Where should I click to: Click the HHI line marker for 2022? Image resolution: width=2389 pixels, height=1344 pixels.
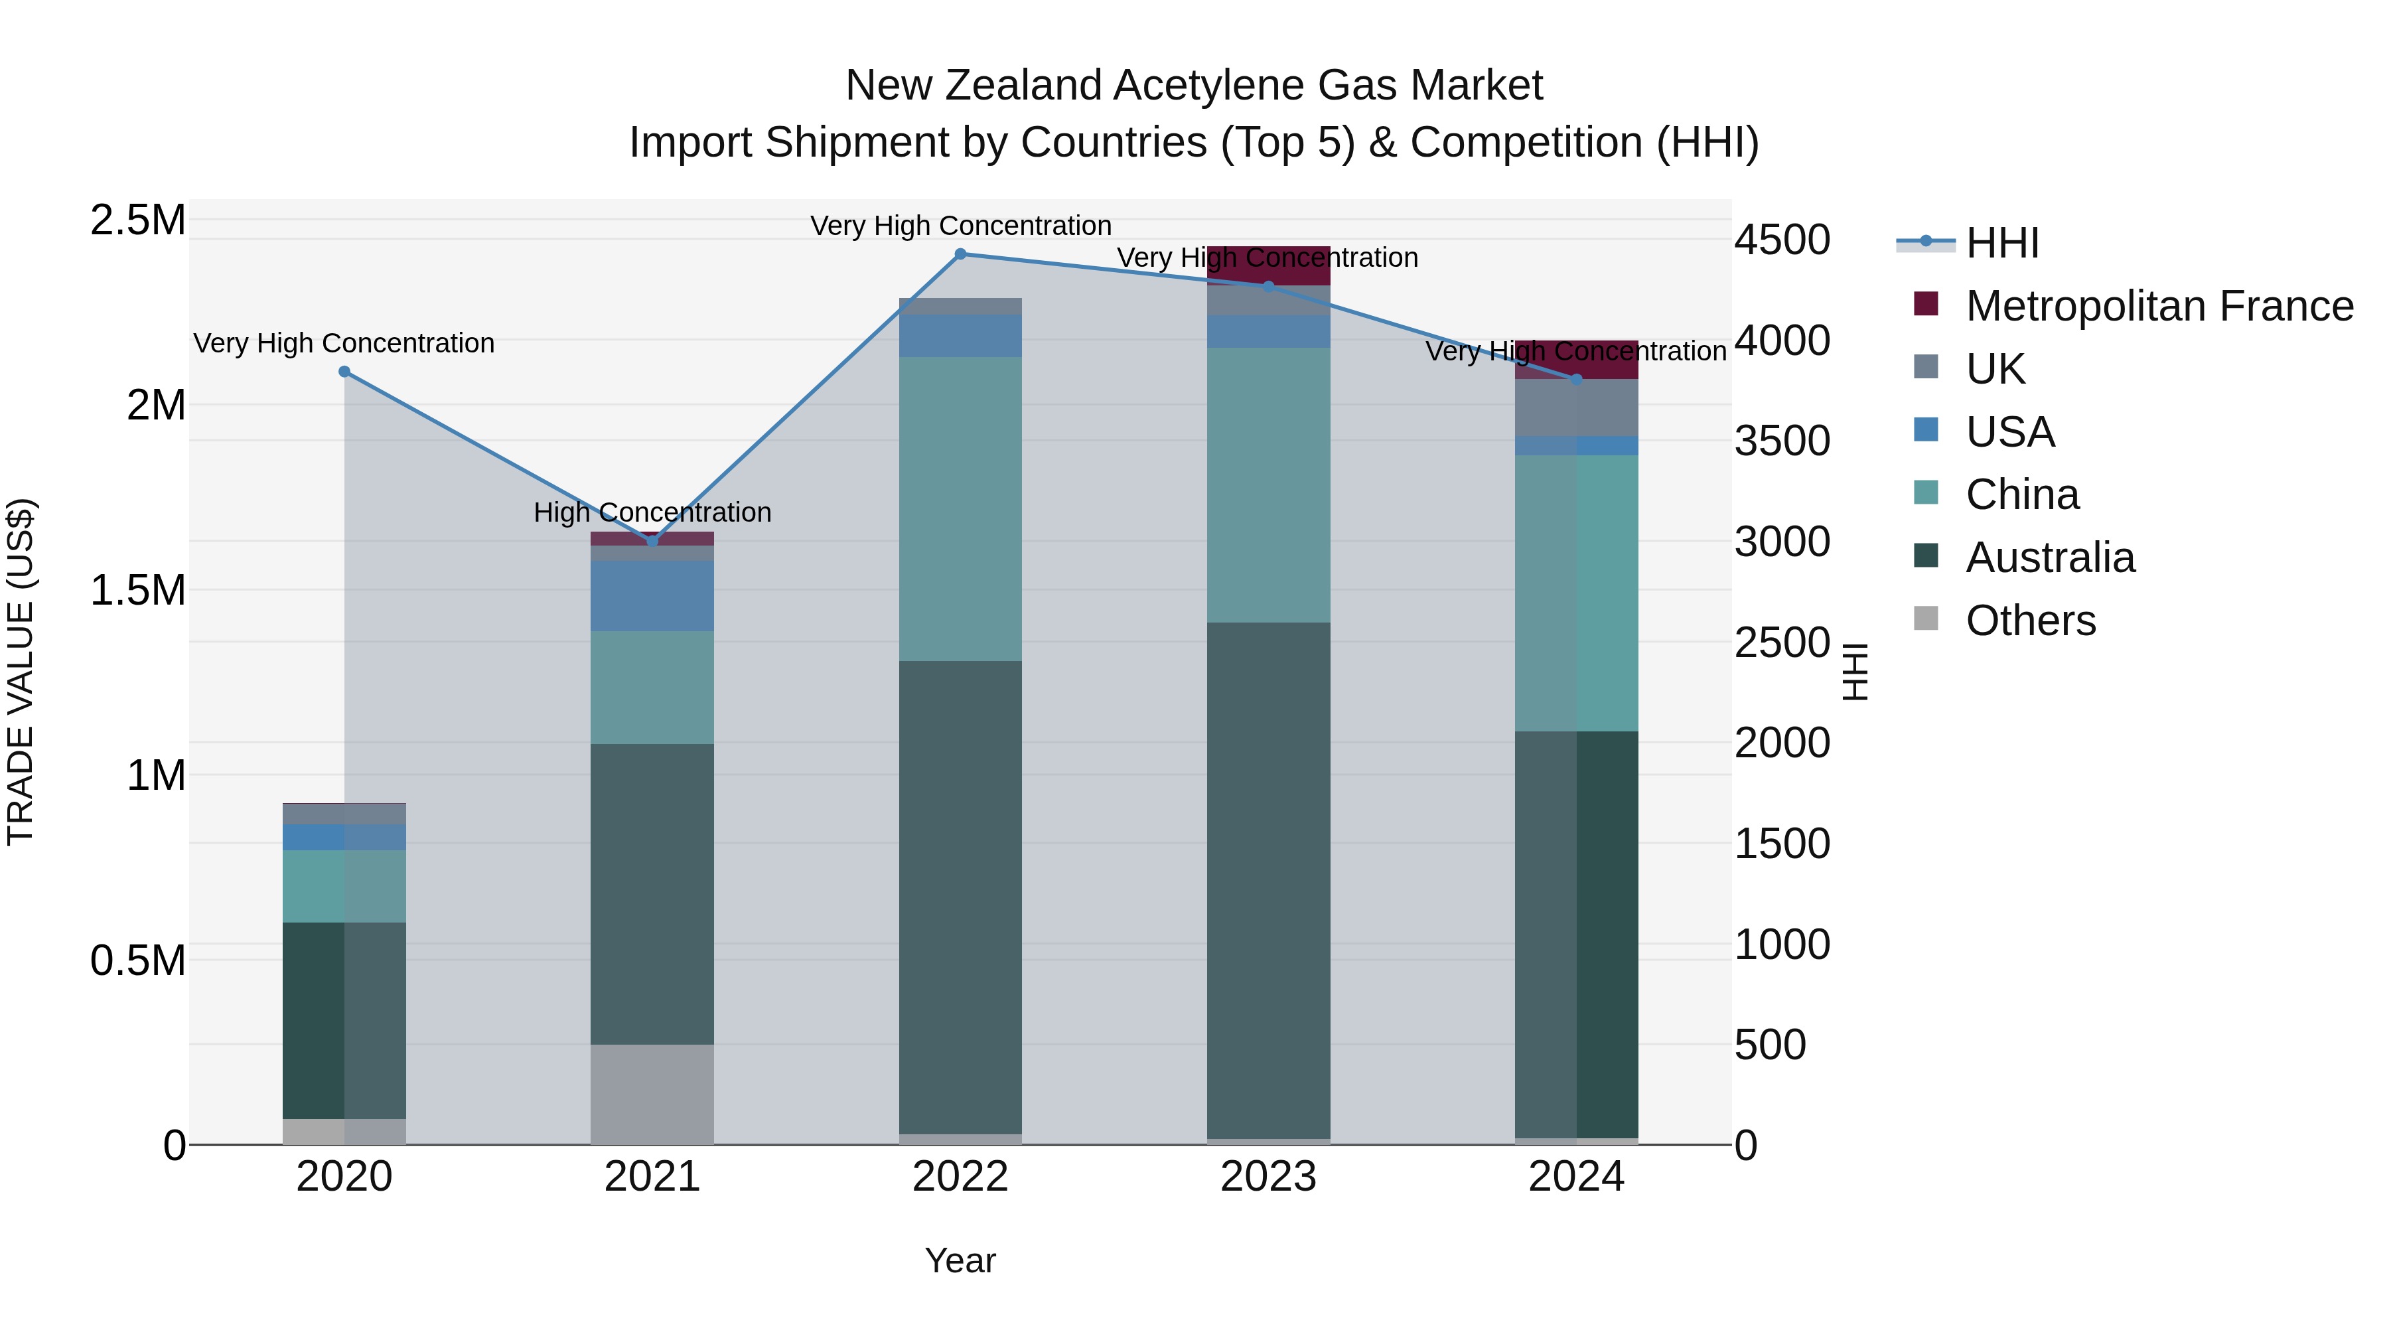coord(961,254)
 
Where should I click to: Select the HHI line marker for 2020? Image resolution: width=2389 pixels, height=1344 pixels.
coord(344,372)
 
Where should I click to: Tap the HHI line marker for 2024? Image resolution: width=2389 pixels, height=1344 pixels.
coord(1577,380)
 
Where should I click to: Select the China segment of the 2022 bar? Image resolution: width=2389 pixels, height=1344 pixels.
coord(961,508)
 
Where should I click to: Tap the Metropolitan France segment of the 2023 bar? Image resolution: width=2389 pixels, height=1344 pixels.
coord(1269,266)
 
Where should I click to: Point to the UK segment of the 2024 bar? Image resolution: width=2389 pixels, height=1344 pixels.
coord(1577,408)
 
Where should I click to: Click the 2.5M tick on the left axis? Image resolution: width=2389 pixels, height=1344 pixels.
coord(138,221)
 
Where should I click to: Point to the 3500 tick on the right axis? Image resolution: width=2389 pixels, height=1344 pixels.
coord(1782,441)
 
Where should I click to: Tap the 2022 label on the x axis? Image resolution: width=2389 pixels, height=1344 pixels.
coord(961,1177)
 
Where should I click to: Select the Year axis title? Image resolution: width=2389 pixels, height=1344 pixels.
coord(961,1260)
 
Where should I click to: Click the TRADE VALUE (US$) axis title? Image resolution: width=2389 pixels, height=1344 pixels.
coord(21,672)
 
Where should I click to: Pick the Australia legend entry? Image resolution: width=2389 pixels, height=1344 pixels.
coord(2050,558)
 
